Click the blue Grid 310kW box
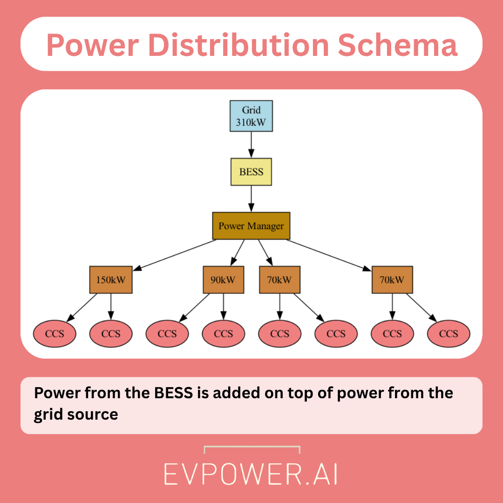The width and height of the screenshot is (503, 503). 251,116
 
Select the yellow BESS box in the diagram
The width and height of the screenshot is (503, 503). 251,172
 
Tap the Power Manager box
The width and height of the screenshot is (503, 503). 251,226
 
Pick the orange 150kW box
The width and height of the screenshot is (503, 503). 111,280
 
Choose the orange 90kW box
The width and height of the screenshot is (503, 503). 224,280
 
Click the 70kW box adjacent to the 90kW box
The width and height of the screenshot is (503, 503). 279,280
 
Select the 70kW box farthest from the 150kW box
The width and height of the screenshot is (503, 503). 392,280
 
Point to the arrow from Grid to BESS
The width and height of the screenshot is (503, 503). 251,145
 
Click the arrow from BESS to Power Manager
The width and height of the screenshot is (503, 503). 251,199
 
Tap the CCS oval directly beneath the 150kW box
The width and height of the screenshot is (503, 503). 111,333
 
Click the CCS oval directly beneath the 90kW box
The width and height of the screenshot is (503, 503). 224,333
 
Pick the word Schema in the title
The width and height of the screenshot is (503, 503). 397,45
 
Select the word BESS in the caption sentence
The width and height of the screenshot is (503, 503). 174,393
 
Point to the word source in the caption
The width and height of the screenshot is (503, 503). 91,414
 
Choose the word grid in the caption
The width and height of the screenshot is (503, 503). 45,414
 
